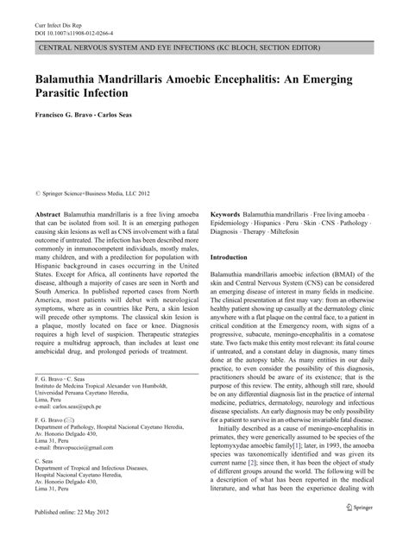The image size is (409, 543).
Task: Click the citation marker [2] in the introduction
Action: pyautogui.click(x=277, y=440)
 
